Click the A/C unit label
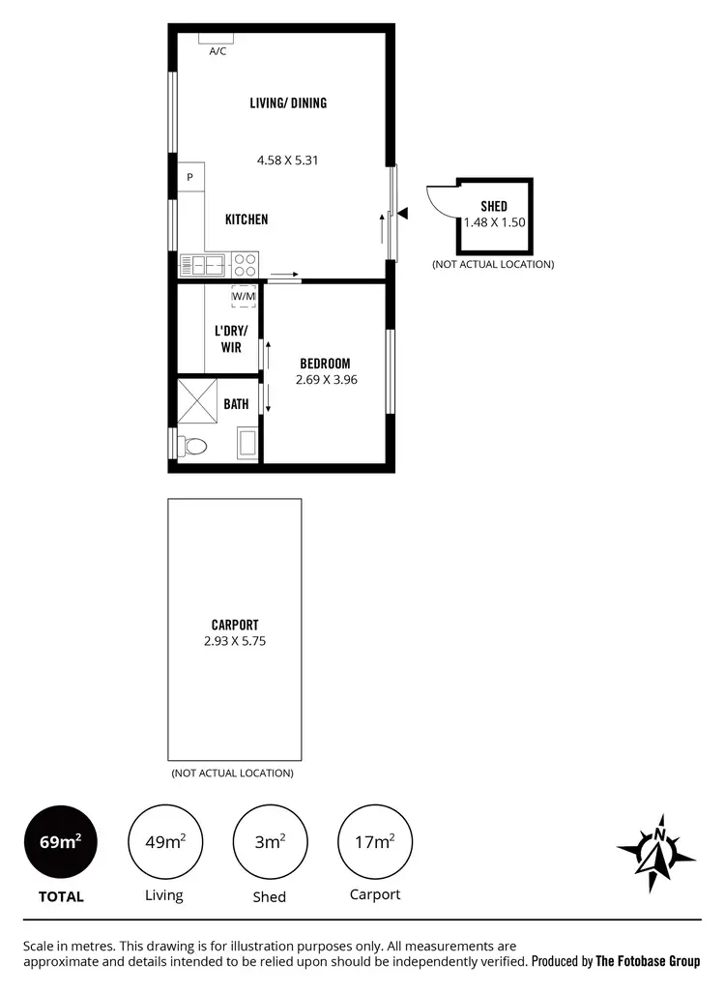click(x=217, y=51)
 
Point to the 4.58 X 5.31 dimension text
click(x=288, y=160)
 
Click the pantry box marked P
click(x=190, y=177)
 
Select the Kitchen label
click(x=246, y=219)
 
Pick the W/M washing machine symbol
click(x=244, y=296)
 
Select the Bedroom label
click(x=325, y=364)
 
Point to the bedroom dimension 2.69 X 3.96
click(x=327, y=380)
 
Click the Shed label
click(x=493, y=207)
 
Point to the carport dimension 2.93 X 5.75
click(x=234, y=641)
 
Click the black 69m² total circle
click(x=60, y=841)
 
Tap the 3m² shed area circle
click(x=269, y=841)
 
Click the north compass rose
click(x=657, y=851)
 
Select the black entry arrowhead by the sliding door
click(x=403, y=213)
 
